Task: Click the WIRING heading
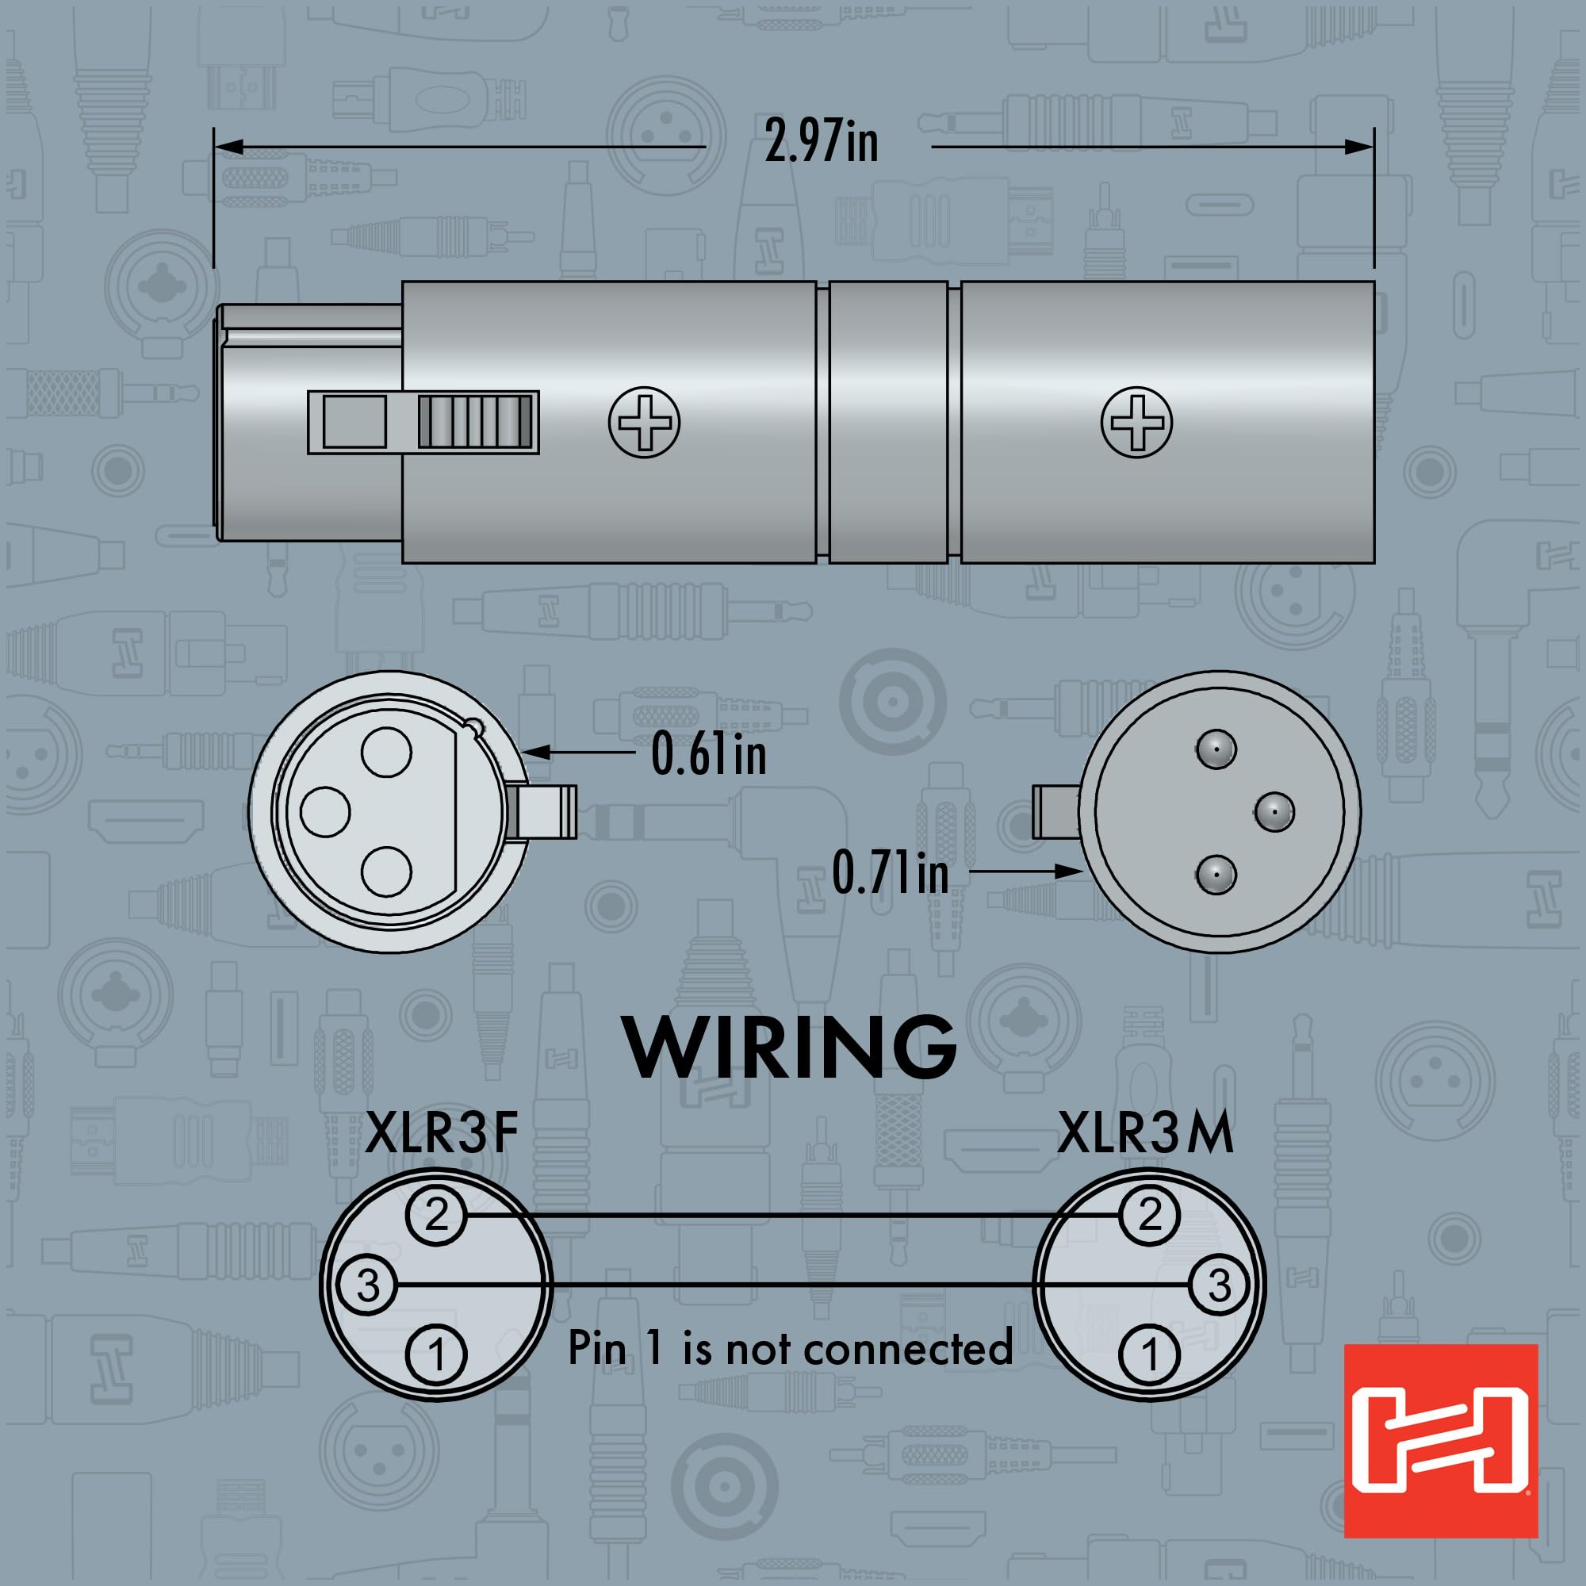click(790, 1047)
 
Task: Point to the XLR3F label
click(442, 1135)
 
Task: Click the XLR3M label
click(1145, 1135)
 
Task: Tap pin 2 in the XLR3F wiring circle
click(436, 1215)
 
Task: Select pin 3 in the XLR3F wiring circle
click(367, 1285)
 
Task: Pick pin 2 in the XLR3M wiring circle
click(1150, 1215)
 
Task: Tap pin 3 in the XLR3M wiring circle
click(1220, 1285)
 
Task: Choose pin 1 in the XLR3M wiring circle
click(1150, 1354)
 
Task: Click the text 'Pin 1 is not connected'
click(791, 1348)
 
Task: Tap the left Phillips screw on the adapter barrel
click(645, 422)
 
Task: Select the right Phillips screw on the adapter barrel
click(1137, 422)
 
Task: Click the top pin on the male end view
click(1216, 749)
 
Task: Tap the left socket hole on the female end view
click(326, 811)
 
